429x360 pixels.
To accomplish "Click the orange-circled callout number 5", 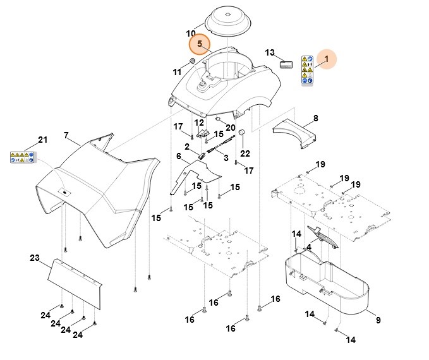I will (x=200, y=44).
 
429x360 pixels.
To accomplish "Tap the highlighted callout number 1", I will (x=327, y=59).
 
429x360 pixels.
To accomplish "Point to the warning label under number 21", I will (x=21, y=158).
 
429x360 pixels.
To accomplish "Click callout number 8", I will (x=316, y=118).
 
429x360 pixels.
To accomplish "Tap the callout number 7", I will (x=66, y=136).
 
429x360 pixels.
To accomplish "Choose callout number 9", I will (x=378, y=321).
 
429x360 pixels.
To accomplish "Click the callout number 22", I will (x=245, y=153).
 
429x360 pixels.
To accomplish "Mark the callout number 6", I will (x=179, y=156).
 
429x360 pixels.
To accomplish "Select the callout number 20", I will (x=230, y=127).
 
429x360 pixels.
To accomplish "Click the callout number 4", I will (x=308, y=246).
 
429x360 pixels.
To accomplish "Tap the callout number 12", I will (x=198, y=123).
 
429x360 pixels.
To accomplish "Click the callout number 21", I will (x=43, y=140).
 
